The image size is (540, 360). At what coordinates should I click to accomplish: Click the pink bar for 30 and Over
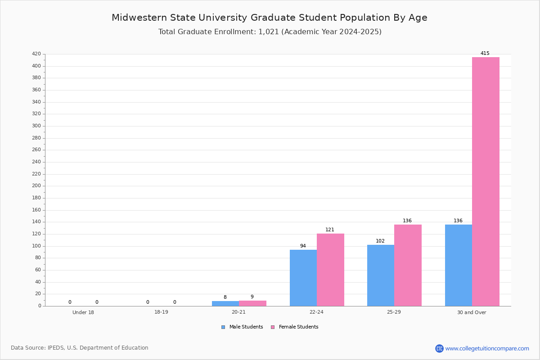click(486, 181)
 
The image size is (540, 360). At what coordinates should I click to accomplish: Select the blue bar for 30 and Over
click(459, 265)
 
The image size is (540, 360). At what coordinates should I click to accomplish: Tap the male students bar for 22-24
click(303, 278)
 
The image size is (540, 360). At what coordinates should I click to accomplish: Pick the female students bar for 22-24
click(330, 270)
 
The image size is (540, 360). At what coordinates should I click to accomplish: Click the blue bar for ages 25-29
click(381, 275)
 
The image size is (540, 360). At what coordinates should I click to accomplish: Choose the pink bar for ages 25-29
click(408, 265)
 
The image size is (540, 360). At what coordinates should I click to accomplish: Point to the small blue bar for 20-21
click(225, 304)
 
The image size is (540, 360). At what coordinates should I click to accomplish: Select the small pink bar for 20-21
click(252, 303)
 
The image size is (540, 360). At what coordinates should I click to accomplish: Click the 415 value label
click(485, 53)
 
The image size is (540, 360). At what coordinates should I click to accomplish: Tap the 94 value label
click(303, 246)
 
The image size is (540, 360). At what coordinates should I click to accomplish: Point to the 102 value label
click(380, 241)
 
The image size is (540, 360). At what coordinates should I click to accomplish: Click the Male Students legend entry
click(242, 327)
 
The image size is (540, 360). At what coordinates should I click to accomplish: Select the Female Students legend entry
click(295, 327)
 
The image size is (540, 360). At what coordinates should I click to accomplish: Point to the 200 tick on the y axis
click(36, 186)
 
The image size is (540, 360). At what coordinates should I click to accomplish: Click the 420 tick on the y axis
click(36, 54)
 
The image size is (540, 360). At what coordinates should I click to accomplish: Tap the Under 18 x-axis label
click(83, 312)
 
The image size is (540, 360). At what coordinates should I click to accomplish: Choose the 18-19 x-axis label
click(161, 312)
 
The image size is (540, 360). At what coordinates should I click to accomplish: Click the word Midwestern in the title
click(139, 18)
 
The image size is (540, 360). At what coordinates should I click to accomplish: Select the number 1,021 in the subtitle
click(269, 32)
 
